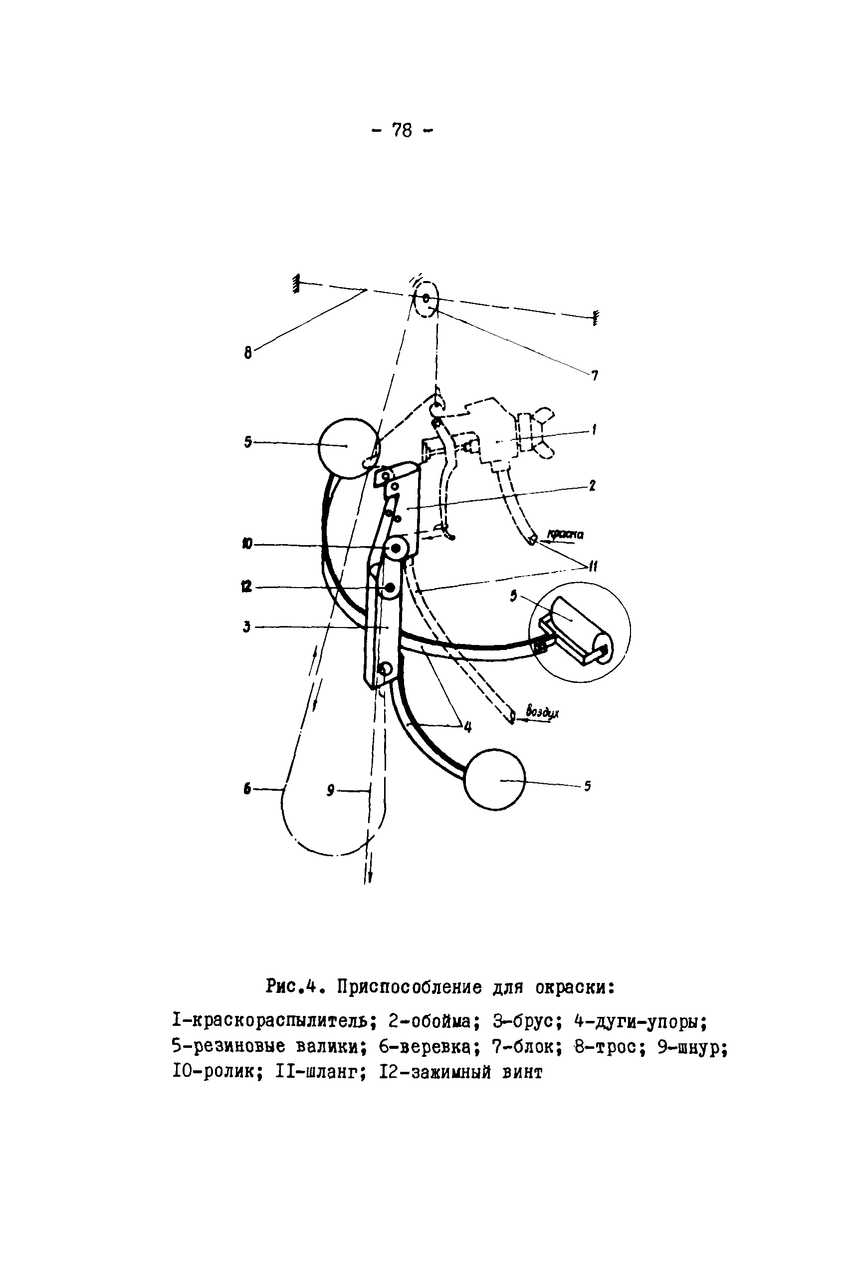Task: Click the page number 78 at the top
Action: pos(402,130)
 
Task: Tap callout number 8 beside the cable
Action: pos(248,353)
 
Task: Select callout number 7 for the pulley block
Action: pos(595,375)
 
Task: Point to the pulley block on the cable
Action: pos(426,299)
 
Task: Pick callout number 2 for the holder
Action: pos(593,485)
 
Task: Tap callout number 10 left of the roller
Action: pos(247,544)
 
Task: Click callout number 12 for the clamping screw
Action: pos(246,587)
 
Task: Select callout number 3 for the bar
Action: pos(247,627)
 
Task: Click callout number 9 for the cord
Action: pos(331,790)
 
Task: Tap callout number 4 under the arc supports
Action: pos(468,726)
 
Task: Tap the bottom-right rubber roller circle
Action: pos(494,779)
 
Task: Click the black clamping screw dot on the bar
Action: pos(390,588)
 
